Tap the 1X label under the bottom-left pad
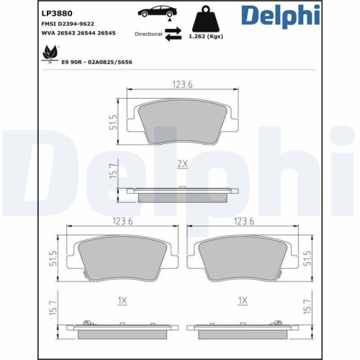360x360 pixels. click(122, 300)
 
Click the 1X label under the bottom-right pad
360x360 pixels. click(243, 300)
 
